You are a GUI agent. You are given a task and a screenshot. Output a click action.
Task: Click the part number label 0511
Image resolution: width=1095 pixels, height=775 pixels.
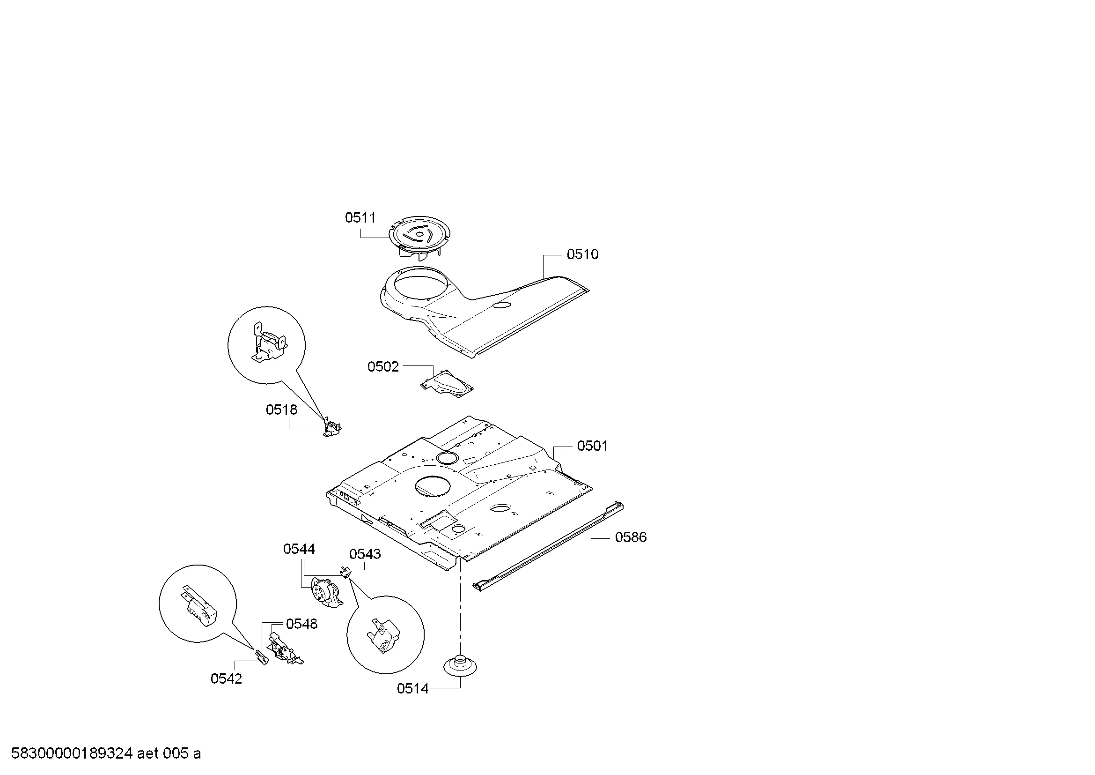pyautogui.click(x=360, y=218)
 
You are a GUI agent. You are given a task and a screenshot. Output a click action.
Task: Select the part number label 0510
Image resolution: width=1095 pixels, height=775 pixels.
pyautogui.click(x=582, y=254)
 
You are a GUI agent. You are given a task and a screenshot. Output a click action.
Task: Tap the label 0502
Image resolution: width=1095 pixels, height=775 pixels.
pyautogui.click(x=383, y=367)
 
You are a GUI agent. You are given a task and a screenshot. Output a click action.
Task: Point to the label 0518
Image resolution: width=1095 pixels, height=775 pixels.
pyautogui.click(x=281, y=410)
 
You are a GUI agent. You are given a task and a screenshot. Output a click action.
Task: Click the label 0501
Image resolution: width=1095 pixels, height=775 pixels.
pyautogui.click(x=592, y=446)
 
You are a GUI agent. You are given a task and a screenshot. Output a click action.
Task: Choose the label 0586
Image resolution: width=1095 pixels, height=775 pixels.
pyautogui.click(x=631, y=537)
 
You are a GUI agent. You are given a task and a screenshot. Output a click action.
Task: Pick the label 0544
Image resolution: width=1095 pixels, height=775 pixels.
pyautogui.click(x=299, y=549)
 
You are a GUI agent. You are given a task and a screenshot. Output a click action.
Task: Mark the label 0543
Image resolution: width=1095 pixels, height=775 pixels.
pyautogui.click(x=365, y=554)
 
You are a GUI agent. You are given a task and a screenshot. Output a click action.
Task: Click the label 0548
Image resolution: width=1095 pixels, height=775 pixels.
pyautogui.click(x=301, y=624)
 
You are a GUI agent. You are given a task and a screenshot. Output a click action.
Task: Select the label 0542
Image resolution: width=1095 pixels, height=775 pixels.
pyautogui.click(x=226, y=678)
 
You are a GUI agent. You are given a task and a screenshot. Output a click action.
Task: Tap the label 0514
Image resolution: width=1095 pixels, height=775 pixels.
pyautogui.click(x=412, y=689)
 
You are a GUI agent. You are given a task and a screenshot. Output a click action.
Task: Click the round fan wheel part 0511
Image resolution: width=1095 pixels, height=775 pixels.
pyautogui.click(x=419, y=238)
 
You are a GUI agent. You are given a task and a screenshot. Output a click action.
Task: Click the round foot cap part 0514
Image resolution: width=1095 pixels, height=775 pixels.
pyautogui.click(x=460, y=666)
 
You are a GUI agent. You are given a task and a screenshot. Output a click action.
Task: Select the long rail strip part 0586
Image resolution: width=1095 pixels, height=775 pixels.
pyautogui.click(x=549, y=546)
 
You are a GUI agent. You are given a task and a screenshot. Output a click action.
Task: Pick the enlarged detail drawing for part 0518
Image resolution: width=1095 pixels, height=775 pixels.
pyautogui.click(x=266, y=345)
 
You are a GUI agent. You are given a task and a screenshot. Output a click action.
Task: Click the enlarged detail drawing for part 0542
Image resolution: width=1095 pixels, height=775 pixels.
pyautogui.click(x=198, y=604)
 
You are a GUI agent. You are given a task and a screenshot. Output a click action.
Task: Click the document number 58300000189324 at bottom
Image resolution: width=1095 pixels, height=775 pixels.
pyautogui.click(x=72, y=753)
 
